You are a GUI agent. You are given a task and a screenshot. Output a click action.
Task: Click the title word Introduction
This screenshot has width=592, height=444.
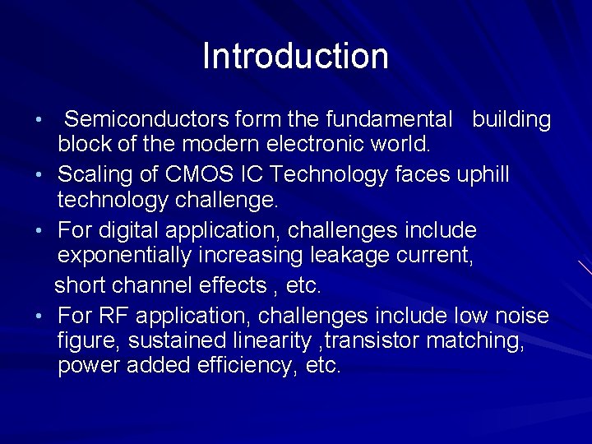point(295,56)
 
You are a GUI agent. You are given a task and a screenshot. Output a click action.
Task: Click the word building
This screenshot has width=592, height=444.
point(511,120)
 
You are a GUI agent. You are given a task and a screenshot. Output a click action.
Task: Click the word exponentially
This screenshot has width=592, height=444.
point(125,256)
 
